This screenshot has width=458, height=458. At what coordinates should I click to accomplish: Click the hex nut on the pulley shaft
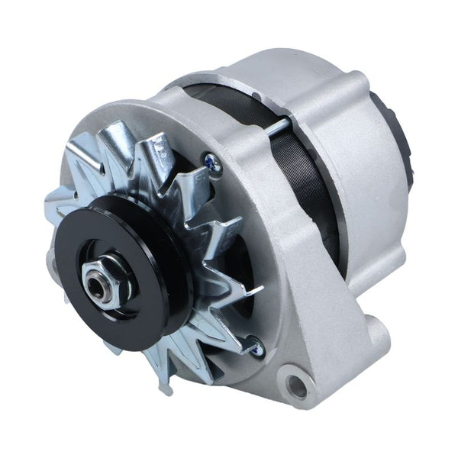pyautogui.click(x=108, y=283)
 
